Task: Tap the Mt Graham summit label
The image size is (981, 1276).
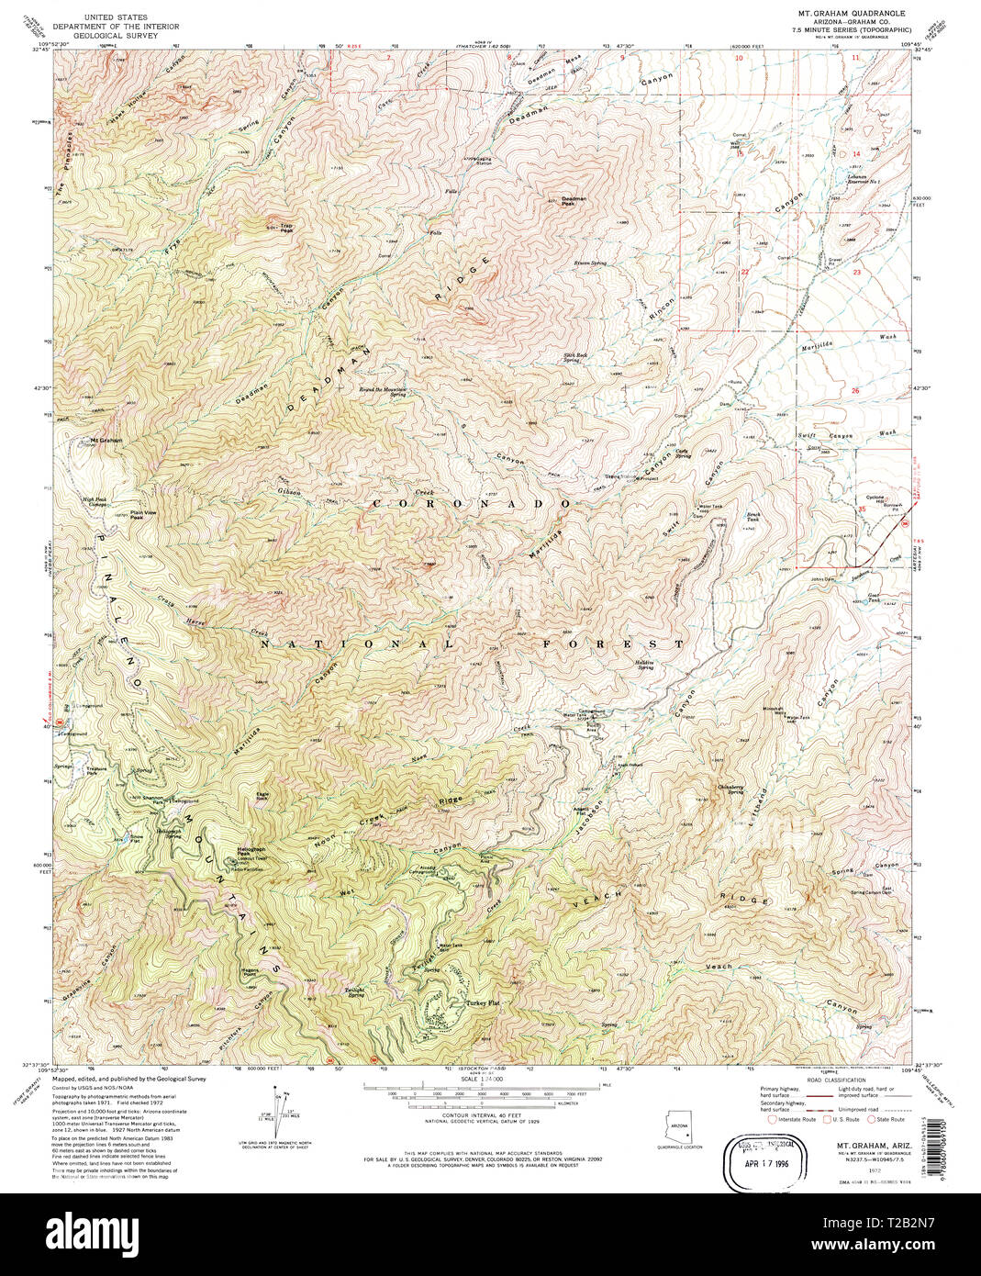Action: (106, 440)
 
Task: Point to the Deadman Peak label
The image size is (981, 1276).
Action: (574, 200)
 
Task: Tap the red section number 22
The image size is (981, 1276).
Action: (745, 272)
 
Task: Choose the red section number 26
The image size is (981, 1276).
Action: (855, 391)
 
